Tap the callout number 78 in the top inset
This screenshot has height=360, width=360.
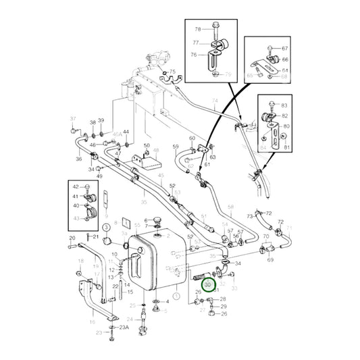click(198, 29)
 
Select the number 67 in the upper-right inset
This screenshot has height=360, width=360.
click(285, 49)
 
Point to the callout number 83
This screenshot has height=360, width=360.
click(284, 106)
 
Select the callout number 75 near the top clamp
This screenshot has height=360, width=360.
click(172, 72)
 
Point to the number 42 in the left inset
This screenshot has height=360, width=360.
click(76, 187)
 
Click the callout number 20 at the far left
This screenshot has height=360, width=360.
click(72, 238)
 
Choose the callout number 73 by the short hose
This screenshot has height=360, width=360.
click(249, 216)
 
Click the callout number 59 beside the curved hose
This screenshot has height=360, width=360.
click(175, 147)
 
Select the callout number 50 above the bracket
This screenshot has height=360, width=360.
click(147, 146)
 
